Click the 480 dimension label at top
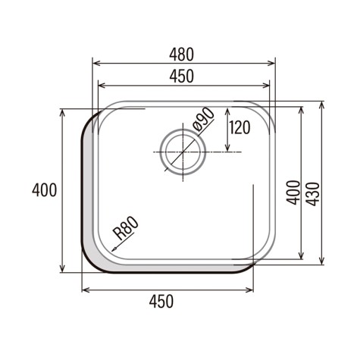click(181, 55)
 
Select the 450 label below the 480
click(181, 76)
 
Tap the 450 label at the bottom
click(161, 301)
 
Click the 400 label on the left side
click(45, 190)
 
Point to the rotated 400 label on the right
click(293, 193)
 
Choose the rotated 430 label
click(314, 194)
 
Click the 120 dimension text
click(239, 127)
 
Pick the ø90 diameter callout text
click(203, 120)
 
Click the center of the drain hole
click(183, 152)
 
